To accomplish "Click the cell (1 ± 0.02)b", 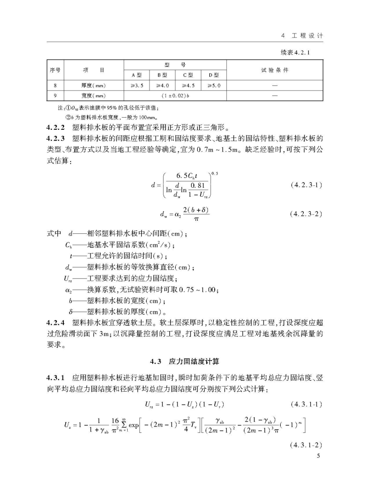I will pyautogui.click(x=175, y=95).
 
